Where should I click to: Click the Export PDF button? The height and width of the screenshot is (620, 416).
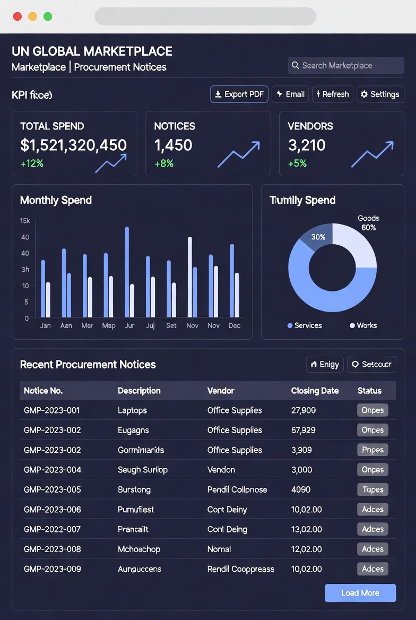tap(239, 94)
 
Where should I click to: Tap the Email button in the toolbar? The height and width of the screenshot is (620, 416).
tap(291, 94)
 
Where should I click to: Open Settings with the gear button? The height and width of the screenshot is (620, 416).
tap(380, 94)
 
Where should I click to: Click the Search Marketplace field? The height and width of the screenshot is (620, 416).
tap(346, 66)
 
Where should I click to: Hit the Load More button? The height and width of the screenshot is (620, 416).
tap(360, 593)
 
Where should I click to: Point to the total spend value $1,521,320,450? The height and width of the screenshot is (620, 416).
tap(73, 145)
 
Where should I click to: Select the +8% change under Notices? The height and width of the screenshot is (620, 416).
tap(164, 163)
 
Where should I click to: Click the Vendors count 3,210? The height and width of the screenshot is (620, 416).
tap(307, 145)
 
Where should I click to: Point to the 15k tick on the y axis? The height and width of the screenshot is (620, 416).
tap(24, 221)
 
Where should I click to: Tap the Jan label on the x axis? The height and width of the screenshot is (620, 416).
tap(45, 325)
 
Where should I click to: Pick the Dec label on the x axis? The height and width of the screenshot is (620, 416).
tap(234, 325)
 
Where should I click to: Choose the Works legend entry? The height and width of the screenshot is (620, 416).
tap(363, 325)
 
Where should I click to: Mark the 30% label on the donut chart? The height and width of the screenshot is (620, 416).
tap(318, 237)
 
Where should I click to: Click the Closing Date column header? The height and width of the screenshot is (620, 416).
tap(315, 391)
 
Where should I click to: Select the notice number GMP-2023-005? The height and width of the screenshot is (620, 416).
tap(52, 489)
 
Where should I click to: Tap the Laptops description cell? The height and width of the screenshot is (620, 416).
tap(132, 410)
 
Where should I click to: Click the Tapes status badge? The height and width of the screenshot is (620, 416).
tap(372, 489)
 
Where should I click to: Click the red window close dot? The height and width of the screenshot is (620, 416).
tap(18, 16)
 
